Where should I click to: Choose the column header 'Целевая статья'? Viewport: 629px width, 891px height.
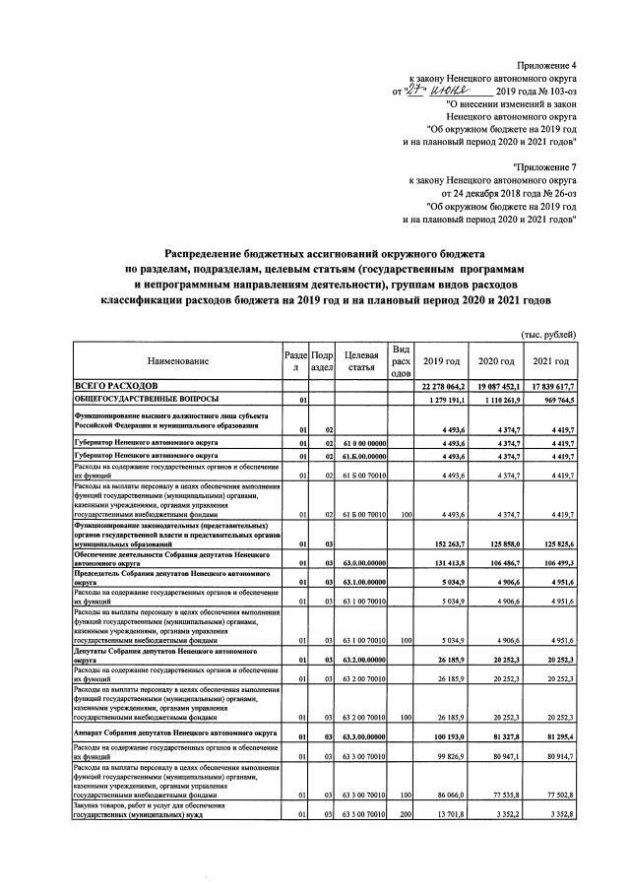point(359,361)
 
